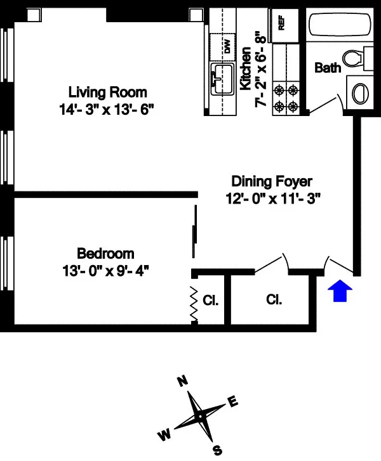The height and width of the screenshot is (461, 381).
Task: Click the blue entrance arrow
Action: pyautogui.click(x=340, y=292)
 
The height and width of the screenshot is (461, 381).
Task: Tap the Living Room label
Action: pyautogui.click(x=107, y=92)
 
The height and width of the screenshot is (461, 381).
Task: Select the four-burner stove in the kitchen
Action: pyautogui.click(x=285, y=97)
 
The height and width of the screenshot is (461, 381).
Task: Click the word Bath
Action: pyautogui.click(x=328, y=68)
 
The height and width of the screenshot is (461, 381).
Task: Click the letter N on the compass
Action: pyautogui.click(x=183, y=380)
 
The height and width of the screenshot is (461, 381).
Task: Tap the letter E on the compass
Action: pyautogui.click(x=232, y=401)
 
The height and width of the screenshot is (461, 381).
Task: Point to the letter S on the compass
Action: pyautogui.click(x=217, y=450)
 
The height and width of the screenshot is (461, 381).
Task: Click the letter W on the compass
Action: pyautogui.click(x=164, y=435)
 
